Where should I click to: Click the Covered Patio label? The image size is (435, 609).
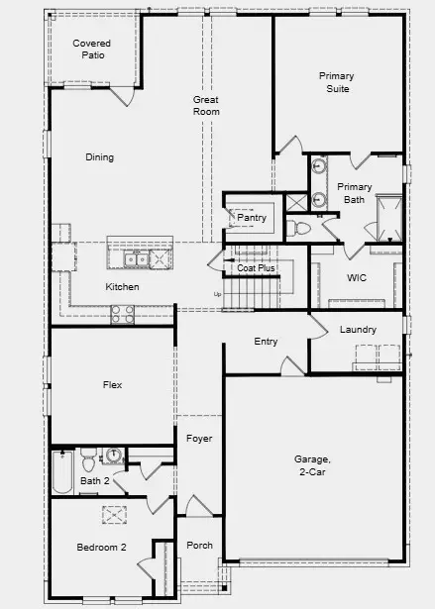tap(91, 50)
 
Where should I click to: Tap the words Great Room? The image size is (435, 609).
tap(206, 106)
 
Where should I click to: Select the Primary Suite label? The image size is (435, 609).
tap(336, 82)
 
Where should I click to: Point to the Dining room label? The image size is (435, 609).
tap(99, 157)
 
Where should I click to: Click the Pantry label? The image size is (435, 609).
tap(252, 218)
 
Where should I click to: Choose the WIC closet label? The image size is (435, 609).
tap(357, 278)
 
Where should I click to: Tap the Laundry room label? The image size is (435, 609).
tap(357, 330)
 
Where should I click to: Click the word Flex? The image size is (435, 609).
tap(112, 384)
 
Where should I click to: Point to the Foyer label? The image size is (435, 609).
tap(199, 439)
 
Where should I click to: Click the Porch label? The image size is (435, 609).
tap(199, 546)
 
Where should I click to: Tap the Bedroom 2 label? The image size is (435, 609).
tap(101, 548)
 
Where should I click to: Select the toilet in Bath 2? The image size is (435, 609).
tap(89, 460)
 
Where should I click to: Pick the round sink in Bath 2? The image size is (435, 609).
tap(113, 457)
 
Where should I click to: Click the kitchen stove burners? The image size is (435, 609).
tap(122, 314)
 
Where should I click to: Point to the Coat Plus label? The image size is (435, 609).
tap(256, 268)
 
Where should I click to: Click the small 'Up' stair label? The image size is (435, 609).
tap(218, 294)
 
